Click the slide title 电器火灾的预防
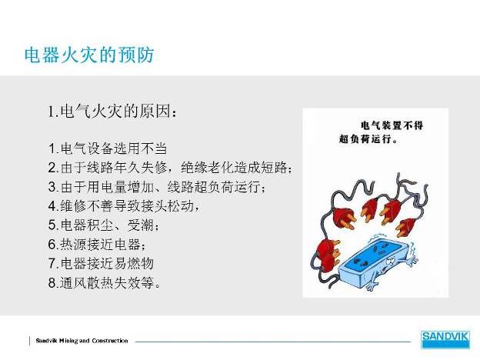(88, 55)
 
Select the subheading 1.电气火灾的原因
(112, 111)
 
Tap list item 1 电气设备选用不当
(108, 148)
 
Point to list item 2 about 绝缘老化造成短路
(170, 168)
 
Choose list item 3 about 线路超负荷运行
(157, 187)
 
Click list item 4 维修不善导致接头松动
(124, 205)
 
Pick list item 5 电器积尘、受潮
(104, 225)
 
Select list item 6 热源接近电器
(97, 245)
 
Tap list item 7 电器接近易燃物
(101, 263)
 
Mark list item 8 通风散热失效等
(105, 282)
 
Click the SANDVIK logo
(445, 339)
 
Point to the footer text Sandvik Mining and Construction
(82, 341)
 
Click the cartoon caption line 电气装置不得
(392, 125)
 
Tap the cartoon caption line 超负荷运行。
(368, 139)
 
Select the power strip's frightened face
(392, 262)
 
